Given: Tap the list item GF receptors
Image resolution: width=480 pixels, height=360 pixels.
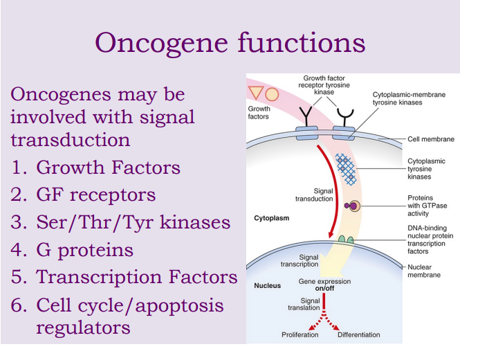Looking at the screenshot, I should (95, 195).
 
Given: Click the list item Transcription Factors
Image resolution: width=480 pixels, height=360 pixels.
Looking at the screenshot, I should (136, 277).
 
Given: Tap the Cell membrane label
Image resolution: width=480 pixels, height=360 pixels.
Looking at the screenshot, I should (431, 139).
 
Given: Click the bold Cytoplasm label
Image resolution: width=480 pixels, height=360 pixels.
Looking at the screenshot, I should (272, 218).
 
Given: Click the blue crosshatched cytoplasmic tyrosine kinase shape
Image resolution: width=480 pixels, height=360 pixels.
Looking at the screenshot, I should (346, 169).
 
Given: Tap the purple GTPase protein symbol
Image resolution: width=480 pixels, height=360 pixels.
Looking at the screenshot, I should (353, 206).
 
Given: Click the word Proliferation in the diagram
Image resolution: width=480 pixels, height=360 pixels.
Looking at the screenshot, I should (299, 335).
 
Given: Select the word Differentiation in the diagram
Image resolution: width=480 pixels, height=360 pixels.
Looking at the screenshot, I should (358, 335).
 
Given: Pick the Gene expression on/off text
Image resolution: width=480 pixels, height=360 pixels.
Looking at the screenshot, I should (324, 285).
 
